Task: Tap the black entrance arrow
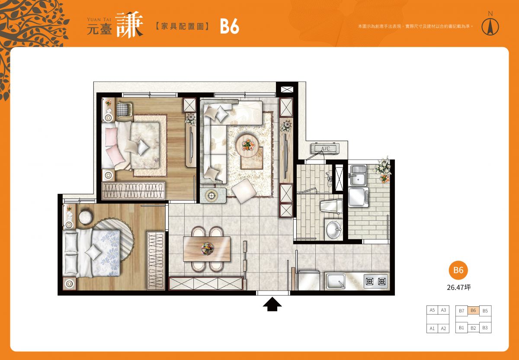[x=272, y=304]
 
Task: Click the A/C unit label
[x=325, y=148]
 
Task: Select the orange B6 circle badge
[x=458, y=270]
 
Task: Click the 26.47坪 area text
[x=458, y=287]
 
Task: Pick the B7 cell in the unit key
[x=461, y=311]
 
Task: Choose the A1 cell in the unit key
[x=432, y=328]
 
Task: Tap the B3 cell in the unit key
[x=485, y=328]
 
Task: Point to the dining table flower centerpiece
[x=207, y=249]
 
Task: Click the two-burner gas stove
[x=375, y=281]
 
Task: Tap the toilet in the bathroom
[x=331, y=206]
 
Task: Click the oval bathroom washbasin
[x=333, y=229]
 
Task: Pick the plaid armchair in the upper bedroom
[x=124, y=109]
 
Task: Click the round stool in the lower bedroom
[x=86, y=217]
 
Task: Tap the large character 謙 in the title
[x=129, y=25]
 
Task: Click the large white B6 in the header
[x=229, y=26]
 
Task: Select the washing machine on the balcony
[x=359, y=197]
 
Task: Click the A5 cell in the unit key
[x=432, y=310]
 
